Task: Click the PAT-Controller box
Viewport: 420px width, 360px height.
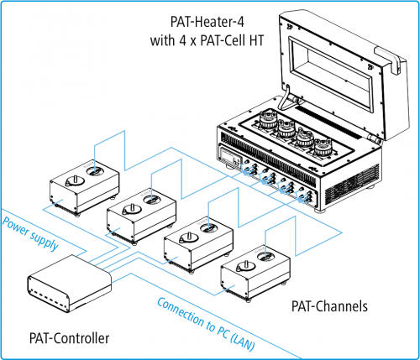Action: [x=70, y=283]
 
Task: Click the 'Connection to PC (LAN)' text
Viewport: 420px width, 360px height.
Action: [x=207, y=324]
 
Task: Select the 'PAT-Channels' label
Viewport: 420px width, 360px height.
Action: [x=329, y=306]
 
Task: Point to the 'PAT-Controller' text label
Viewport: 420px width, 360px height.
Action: [x=69, y=338]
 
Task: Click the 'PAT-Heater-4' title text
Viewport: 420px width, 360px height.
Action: [x=207, y=22]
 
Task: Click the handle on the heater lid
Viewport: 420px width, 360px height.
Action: [x=390, y=60]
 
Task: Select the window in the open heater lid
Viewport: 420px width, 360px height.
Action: [x=332, y=75]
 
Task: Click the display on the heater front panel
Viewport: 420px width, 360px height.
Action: [x=231, y=157]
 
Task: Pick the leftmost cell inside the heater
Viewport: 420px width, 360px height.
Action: [x=268, y=120]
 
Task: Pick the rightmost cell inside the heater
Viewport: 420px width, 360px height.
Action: [x=323, y=147]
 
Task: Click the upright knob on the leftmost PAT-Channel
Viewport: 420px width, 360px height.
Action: [x=75, y=180]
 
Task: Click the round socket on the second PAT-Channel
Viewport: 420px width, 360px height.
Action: [x=151, y=200]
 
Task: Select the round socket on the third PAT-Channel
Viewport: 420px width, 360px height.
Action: [x=208, y=228]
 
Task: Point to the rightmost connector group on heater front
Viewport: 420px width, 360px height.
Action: [x=305, y=196]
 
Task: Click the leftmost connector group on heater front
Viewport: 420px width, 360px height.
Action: [x=250, y=169]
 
